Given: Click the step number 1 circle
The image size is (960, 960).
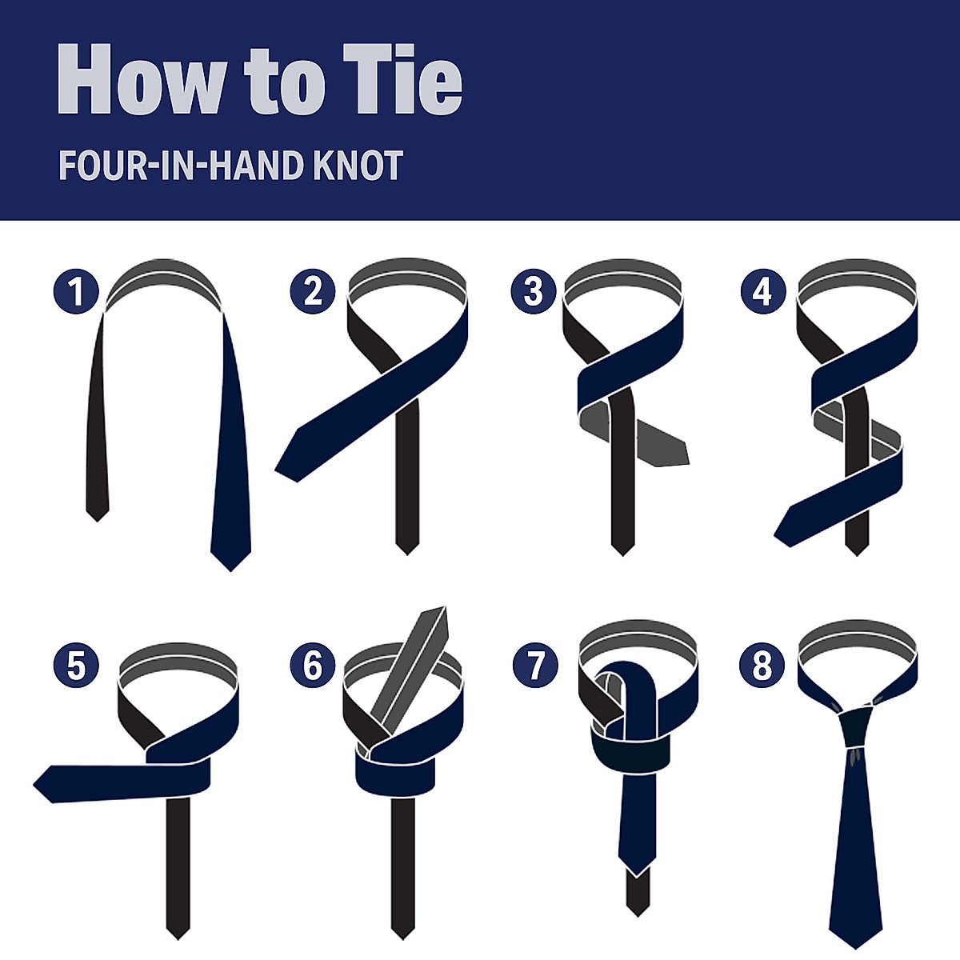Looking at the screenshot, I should click(x=77, y=291).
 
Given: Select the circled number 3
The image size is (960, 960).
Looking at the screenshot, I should click(x=534, y=291).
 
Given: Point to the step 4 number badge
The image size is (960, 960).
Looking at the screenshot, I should click(x=762, y=291).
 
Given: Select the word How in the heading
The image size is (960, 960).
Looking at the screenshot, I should click(x=141, y=80).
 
